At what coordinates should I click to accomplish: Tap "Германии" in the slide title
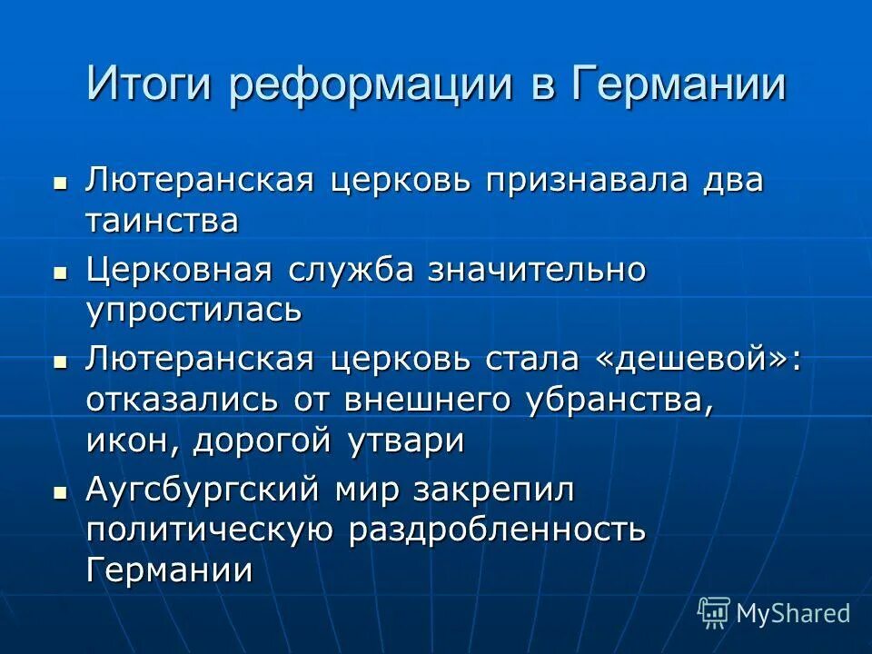679,84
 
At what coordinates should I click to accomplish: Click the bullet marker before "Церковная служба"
60,272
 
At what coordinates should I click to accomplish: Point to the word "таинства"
163,221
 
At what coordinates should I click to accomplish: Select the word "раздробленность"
497,530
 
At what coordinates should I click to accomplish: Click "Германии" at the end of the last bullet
169,570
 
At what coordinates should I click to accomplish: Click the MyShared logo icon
714,613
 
